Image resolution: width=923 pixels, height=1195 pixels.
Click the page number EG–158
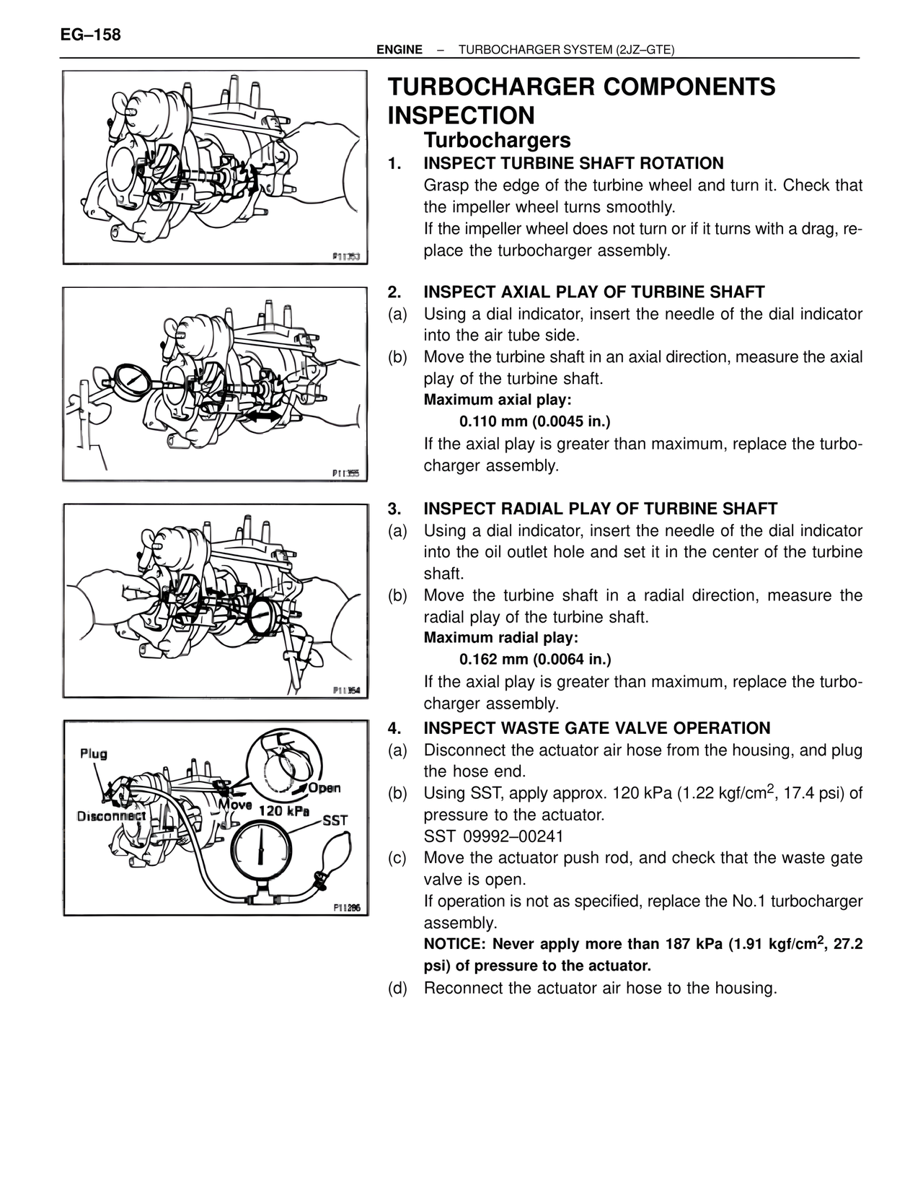[x=91, y=35]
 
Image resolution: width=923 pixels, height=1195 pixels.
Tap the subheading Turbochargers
[x=497, y=140]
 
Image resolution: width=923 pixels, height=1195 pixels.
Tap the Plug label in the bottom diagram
[x=94, y=753]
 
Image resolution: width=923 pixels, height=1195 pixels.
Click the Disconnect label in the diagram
[x=112, y=816]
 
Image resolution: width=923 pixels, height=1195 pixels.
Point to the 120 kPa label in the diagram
[x=283, y=810]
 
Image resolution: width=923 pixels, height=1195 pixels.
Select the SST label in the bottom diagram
[x=335, y=820]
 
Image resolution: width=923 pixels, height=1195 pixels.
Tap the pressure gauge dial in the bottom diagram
[x=261, y=850]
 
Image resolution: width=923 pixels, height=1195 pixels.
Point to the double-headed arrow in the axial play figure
[x=264, y=417]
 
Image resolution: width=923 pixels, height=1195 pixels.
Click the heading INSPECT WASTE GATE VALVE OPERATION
[x=596, y=728]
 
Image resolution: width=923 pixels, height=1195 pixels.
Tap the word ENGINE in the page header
[x=399, y=50]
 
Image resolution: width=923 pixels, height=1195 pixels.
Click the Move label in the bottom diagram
[x=235, y=805]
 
